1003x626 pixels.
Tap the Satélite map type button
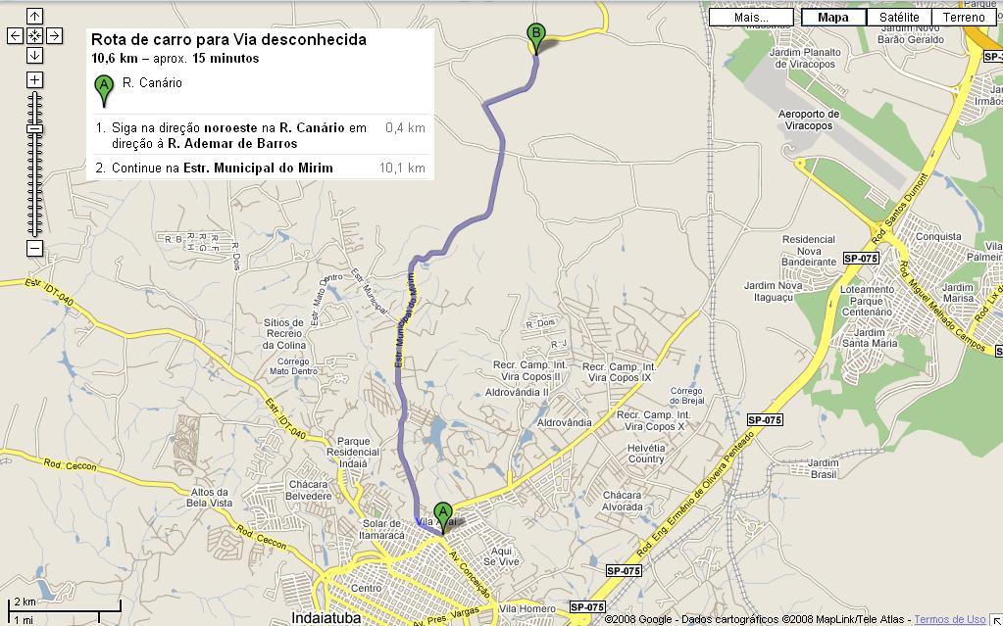[899, 17]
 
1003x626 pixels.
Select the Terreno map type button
[964, 17]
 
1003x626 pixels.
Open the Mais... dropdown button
[752, 17]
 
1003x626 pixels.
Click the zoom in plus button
[34, 79]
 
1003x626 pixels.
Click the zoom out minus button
[34, 249]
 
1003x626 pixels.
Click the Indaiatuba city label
[326, 618]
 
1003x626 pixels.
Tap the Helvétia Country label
[646, 453]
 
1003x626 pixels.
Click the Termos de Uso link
[949, 619]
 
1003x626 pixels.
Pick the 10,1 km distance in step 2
[402, 168]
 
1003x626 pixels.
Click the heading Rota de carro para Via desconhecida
[228, 40]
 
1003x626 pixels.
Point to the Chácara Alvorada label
[623, 501]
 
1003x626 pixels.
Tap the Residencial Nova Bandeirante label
[809, 251]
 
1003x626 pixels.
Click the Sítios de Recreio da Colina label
[284, 333]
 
